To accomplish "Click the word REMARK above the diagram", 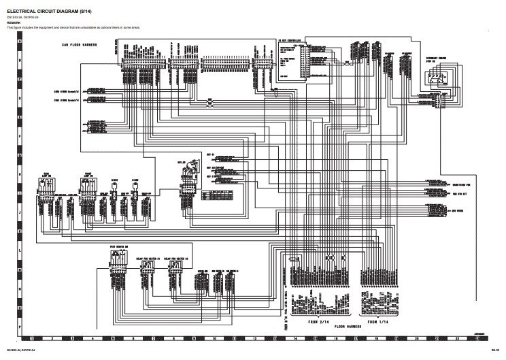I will click(13, 22).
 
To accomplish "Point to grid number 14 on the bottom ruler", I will click(295, 338).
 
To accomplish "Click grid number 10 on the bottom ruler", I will click(214, 338).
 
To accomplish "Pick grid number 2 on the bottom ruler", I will click(52, 338).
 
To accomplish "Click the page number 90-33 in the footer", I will click(495, 350).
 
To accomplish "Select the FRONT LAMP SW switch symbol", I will click(86, 186).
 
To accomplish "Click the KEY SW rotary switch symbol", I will click(184, 178).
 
